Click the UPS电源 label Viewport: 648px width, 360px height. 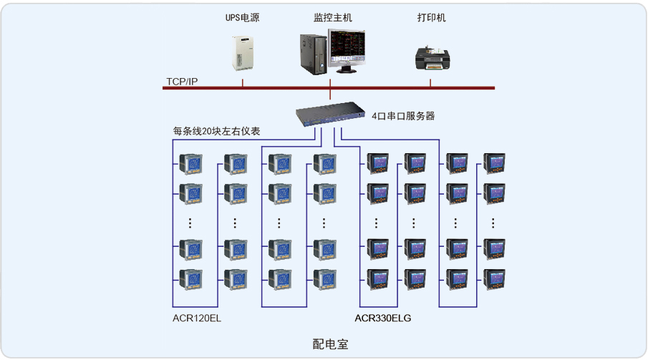(242, 18)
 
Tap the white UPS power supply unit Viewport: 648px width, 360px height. (243, 52)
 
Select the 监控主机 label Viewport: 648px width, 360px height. (333, 18)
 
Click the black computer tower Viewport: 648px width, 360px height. (314, 54)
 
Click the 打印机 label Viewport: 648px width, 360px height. (432, 18)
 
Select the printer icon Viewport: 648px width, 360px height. (432, 58)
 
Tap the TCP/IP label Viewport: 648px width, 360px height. (182, 82)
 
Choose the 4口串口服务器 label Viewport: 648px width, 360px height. (403, 115)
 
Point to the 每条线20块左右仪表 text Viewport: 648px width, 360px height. (216, 131)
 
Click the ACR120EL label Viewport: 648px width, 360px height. (197, 318)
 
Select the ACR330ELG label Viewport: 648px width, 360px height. (383, 318)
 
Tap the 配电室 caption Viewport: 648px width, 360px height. (330, 344)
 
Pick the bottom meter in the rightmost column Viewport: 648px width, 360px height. (494, 277)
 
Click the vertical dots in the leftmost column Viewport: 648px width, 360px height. (190, 223)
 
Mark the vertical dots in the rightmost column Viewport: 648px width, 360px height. (494, 223)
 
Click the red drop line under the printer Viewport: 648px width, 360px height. (430, 83)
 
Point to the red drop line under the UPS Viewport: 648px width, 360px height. (243, 83)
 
